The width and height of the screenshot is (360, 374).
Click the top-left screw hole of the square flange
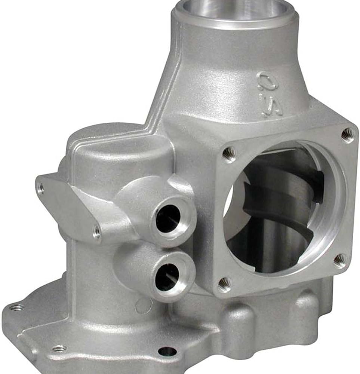[x=228, y=153]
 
